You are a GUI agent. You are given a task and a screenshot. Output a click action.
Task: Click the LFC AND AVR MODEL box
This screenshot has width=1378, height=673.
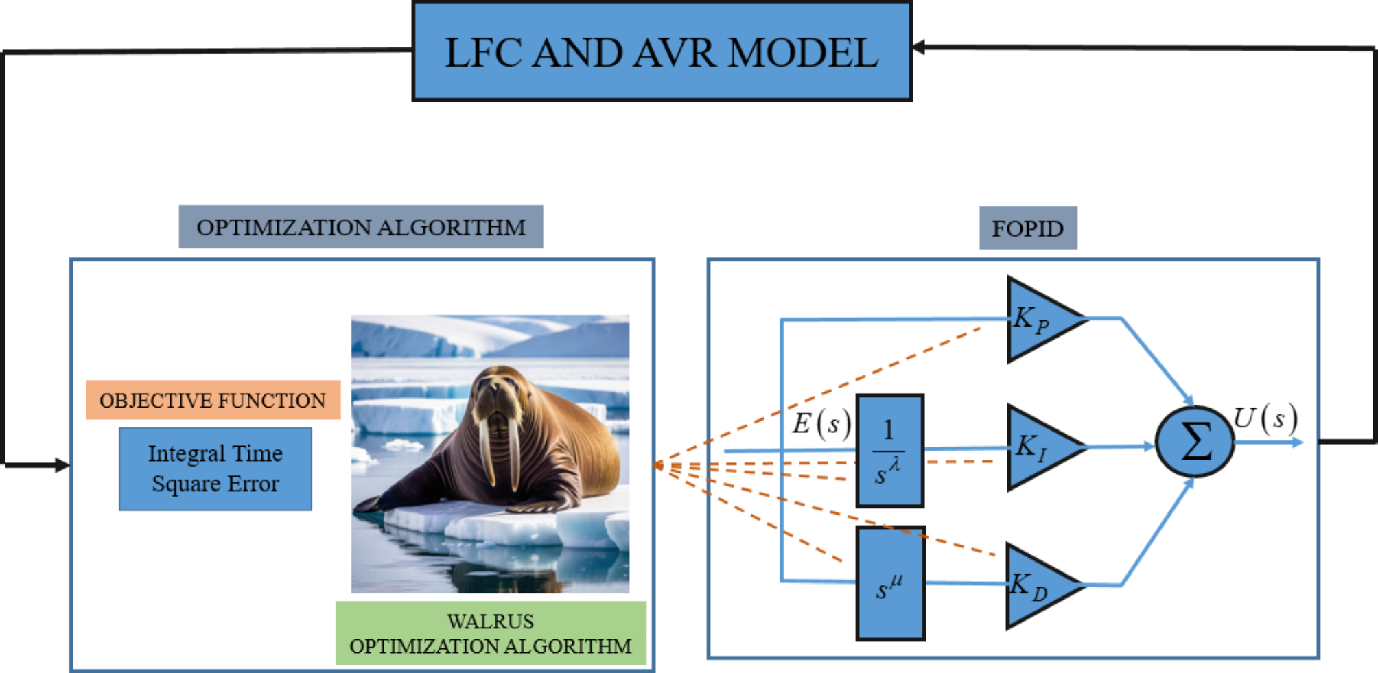point(662,52)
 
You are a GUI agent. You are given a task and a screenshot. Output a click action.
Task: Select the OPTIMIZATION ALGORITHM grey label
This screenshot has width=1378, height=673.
point(361,227)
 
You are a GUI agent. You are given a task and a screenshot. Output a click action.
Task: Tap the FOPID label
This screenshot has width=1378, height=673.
point(1027,228)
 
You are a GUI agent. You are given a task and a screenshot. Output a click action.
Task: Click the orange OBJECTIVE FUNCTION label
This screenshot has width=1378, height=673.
point(213,400)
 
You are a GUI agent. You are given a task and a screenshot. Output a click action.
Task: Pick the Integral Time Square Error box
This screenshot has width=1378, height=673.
point(215,469)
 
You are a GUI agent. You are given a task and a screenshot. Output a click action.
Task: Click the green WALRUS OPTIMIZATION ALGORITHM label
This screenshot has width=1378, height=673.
point(490,633)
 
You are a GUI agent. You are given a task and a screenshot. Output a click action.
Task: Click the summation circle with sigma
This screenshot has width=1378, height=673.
point(1195,442)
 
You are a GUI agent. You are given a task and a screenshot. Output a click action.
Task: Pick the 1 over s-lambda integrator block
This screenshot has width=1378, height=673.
point(889,451)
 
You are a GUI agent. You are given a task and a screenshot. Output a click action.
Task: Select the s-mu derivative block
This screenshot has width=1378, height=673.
point(890,584)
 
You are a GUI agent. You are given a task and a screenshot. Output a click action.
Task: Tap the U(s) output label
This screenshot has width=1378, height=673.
point(1265,418)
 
